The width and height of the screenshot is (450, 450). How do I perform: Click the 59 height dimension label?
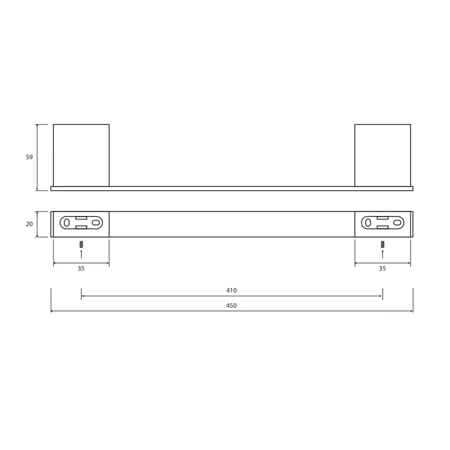click(x=29, y=157)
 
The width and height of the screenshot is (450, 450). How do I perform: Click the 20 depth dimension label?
click(x=29, y=224)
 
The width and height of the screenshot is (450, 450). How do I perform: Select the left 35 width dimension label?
click(x=81, y=268)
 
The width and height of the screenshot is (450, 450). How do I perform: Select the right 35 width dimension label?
click(x=382, y=268)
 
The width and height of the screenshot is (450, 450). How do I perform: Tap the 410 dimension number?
click(x=231, y=290)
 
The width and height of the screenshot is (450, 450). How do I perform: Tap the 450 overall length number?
click(x=231, y=305)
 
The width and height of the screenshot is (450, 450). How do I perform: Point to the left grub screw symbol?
click(x=81, y=244)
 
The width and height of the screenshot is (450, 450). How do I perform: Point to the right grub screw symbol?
click(x=382, y=244)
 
